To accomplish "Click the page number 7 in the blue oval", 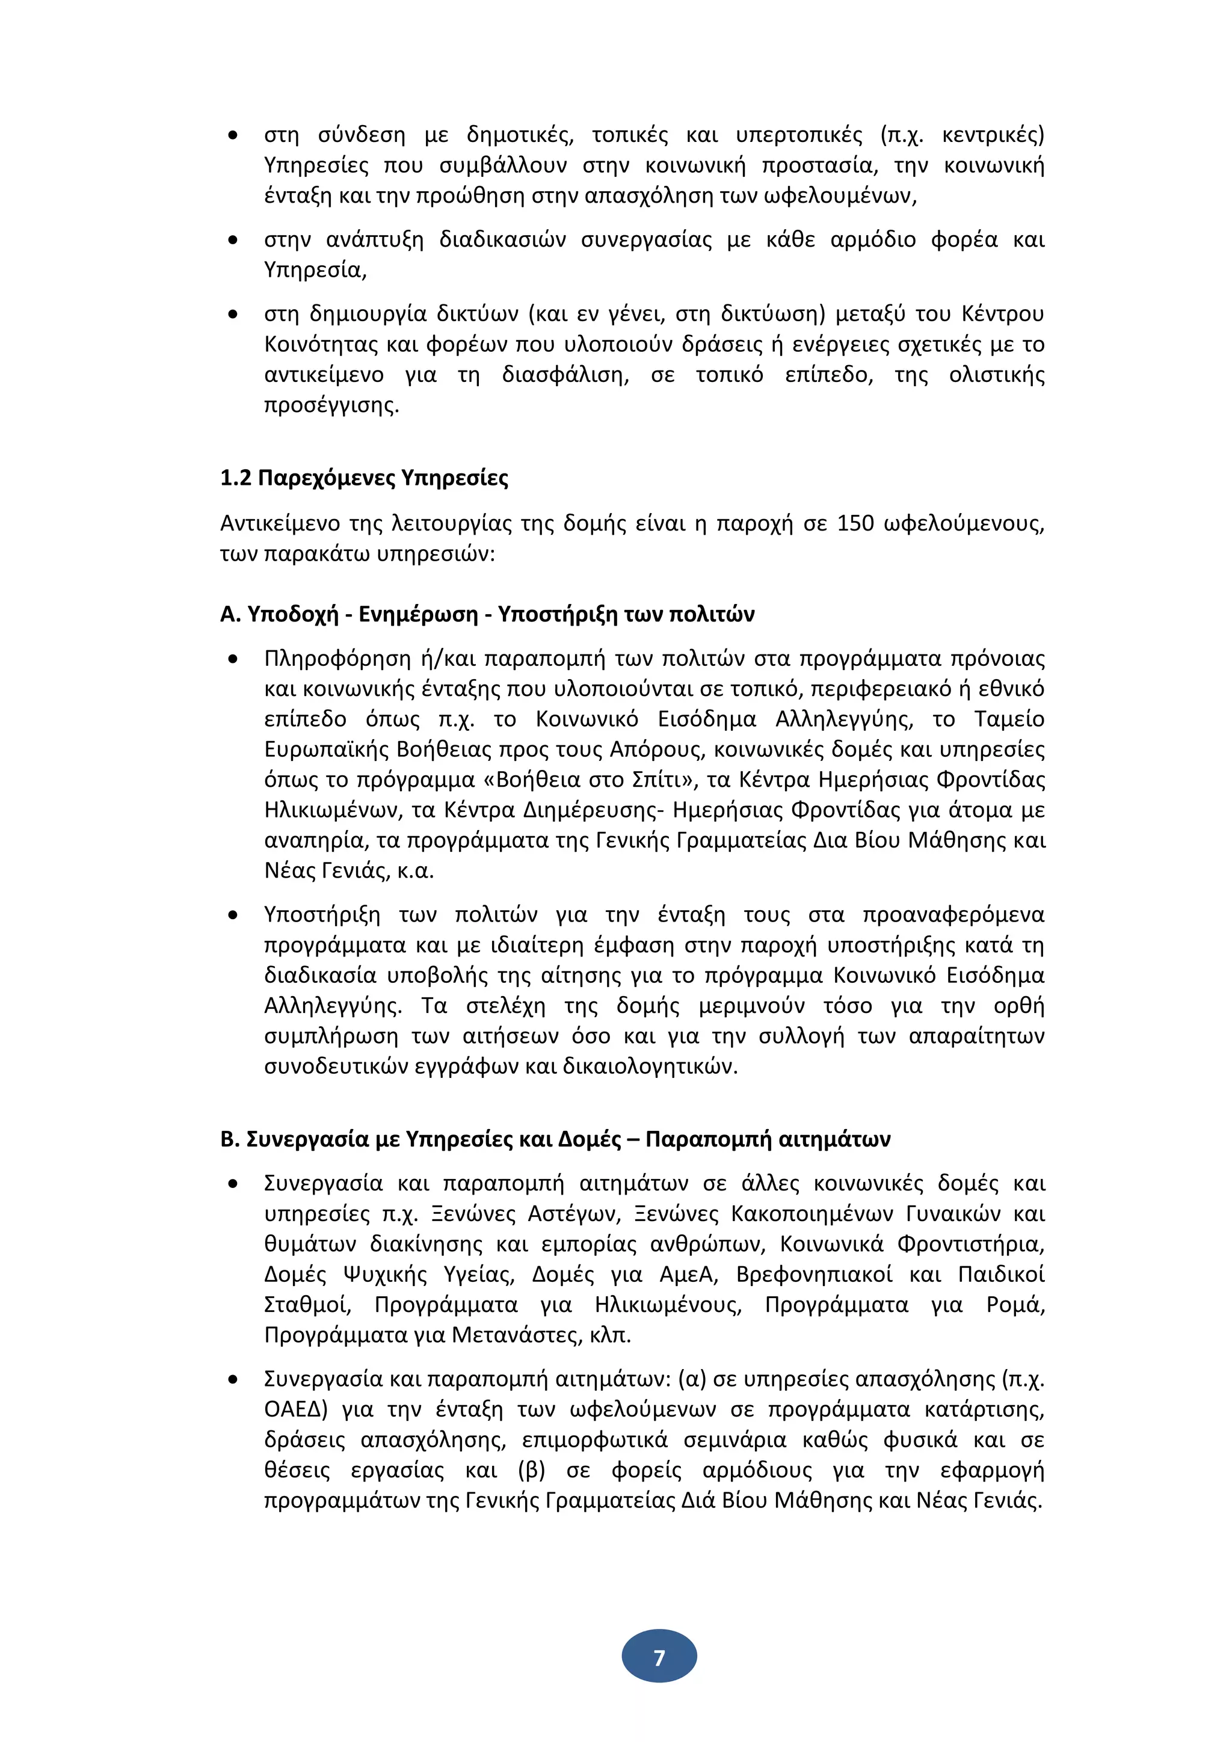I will coord(659,1658).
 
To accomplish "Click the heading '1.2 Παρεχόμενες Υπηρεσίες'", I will coord(363,478).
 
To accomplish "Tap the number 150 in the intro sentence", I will coord(855,523).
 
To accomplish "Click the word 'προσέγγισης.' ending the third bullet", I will coord(331,405).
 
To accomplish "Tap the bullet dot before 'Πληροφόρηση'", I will coord(233,659).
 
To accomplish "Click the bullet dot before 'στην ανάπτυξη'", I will coord(233,241).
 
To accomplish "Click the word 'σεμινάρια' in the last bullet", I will coord(733,1439).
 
